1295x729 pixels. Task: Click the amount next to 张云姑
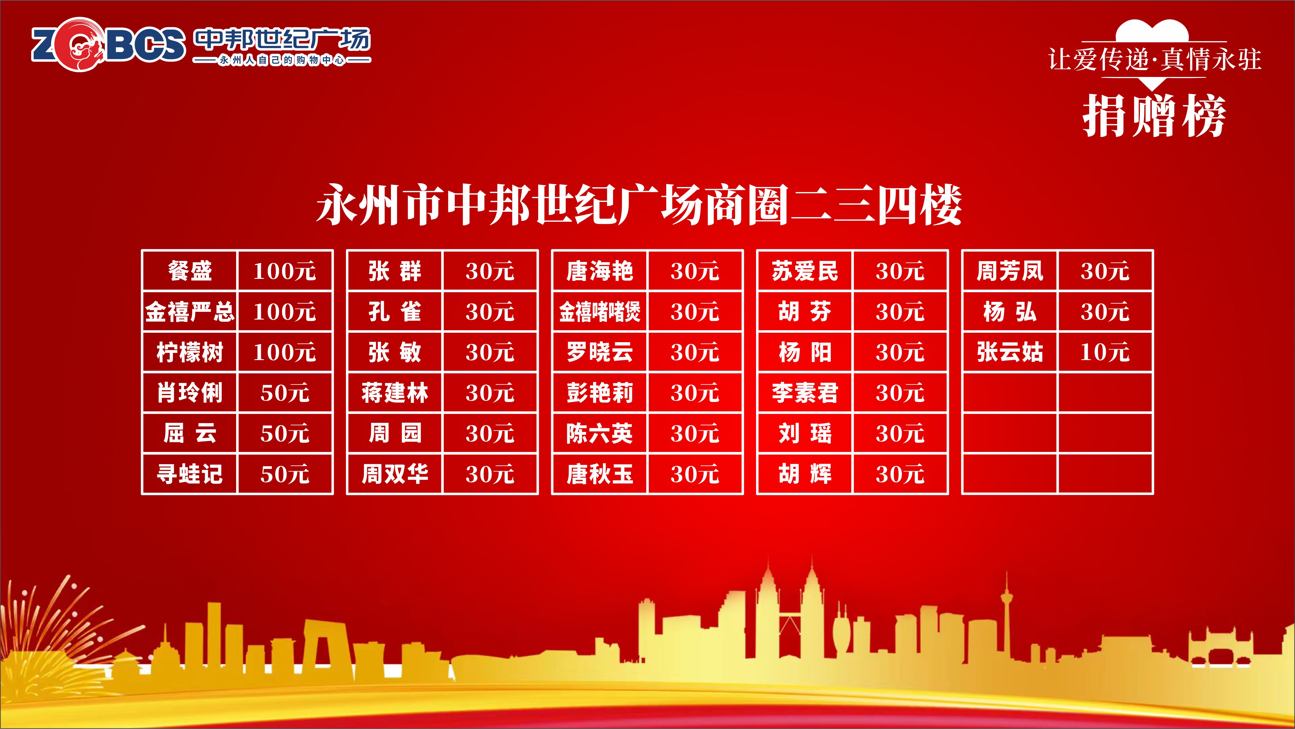click(1105, 352)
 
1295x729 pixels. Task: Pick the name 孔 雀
click(395, 312)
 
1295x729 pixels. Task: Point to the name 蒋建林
click(395, 393)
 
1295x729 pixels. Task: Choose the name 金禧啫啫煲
click(600, 312)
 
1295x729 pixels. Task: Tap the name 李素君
click(805, 393)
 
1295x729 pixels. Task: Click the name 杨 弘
click(1010, 312)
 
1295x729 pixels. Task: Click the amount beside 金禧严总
click(285, 312)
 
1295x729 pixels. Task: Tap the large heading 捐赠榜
click(1154, 116)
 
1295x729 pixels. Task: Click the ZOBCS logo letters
click(108, 44)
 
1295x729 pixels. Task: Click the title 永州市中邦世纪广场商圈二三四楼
click(639, 205)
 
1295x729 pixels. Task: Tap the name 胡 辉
click(805, 474)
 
